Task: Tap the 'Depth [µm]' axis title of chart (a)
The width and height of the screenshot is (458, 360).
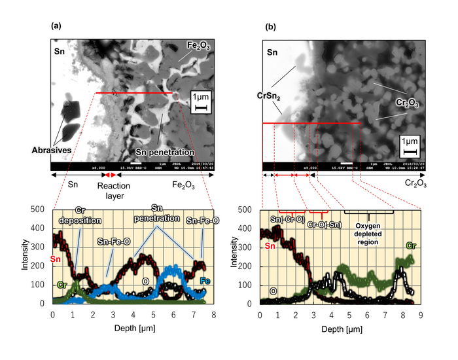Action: point(129,327)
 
